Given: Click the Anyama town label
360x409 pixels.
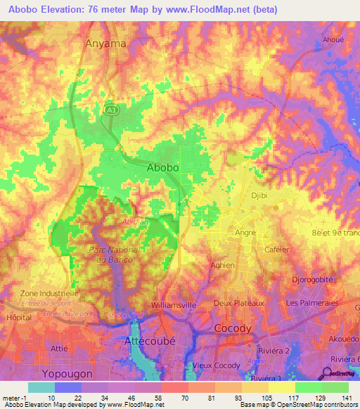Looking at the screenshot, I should (x=105, y=44).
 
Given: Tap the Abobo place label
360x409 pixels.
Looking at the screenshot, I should (x=162, y=168).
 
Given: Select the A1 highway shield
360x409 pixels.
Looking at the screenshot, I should (x=110, y=110).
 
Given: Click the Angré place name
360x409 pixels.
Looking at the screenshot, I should (x=245, y=233).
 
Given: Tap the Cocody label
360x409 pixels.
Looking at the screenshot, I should (x=233, y=329).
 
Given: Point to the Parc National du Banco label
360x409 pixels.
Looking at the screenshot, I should (x=110, y=255).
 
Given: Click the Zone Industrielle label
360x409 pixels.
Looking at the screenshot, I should (x=40, y=292).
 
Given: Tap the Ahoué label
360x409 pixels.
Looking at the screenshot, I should (x=333, y=40).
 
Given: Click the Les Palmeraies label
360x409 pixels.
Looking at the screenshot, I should (x=313, y=303).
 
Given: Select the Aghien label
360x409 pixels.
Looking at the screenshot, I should (x=221, y=265).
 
